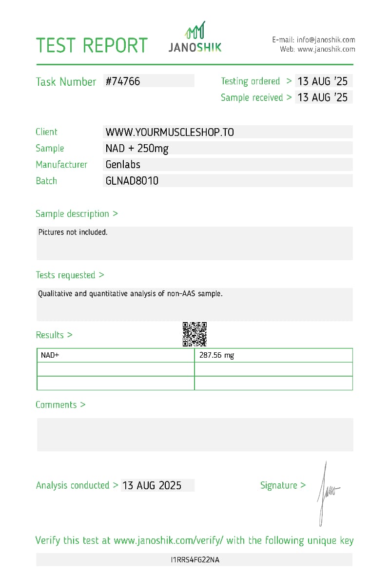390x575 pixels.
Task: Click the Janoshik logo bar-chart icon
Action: point(195,31)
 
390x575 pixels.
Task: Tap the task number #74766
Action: point(123,81)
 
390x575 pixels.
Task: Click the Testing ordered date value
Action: point(323,81)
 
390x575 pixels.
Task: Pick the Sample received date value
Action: point(323,97)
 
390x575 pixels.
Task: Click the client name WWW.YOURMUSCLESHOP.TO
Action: point(170,132)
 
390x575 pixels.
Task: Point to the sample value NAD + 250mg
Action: point(137,149)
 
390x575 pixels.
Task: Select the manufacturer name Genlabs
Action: point(123,165)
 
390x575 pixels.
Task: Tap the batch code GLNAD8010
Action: point(132,181)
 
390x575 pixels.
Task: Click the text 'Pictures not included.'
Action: point(73,232)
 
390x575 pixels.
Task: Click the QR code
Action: point(195,334)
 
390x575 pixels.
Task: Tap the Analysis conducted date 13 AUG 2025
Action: point(152,485)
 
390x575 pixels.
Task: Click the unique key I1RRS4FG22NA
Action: point(195,560)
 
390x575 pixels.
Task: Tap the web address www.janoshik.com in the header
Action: point(326,49)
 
